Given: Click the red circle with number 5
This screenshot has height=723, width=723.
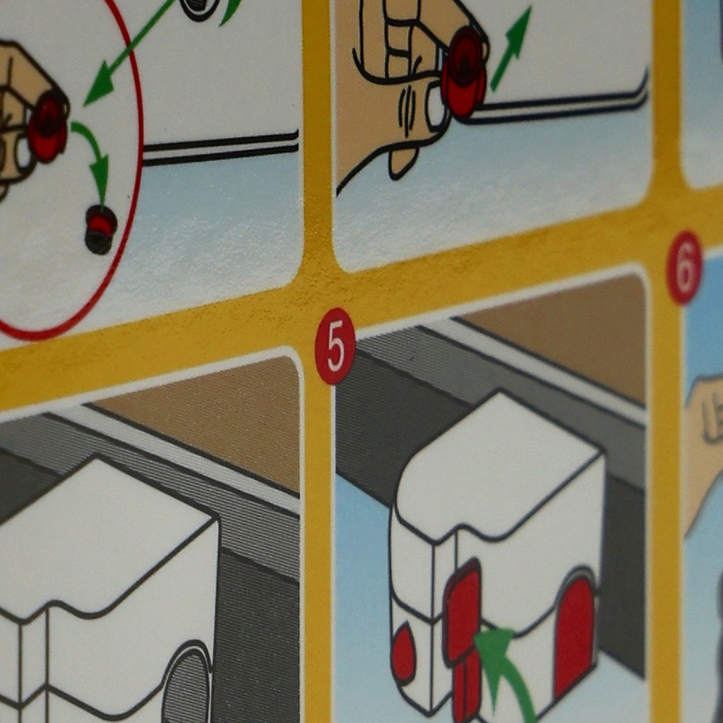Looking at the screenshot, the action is click(x=335, y=346).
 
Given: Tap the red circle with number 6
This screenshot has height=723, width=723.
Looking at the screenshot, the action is click(x=684, y=268).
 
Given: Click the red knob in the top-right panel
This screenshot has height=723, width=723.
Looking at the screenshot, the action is click(x=463, y=71).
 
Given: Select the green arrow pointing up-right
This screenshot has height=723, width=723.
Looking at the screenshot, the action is click(x=511, y=49).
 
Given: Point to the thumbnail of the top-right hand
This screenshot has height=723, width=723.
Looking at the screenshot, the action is click(x=435, y=108).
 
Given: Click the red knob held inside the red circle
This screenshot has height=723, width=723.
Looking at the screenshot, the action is click(x=48, y=126).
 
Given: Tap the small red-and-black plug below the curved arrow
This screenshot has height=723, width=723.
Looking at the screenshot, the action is click(x=100, y=229).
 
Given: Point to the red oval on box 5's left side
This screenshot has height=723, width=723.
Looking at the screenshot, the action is click(x=403, y=652).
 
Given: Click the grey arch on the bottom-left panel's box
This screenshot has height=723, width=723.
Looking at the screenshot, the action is click(x=186, y=683).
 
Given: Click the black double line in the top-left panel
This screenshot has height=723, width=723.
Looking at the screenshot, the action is click(x=220, y=148).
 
